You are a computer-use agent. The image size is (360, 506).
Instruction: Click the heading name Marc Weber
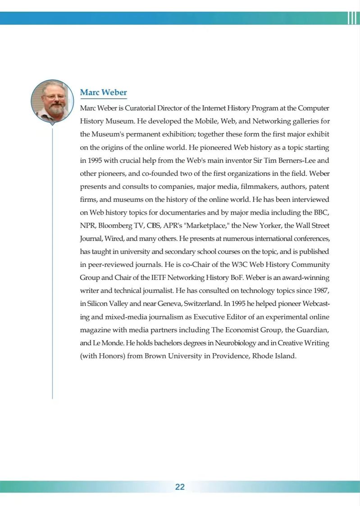103,93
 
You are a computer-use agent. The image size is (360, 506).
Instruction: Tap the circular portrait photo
52,101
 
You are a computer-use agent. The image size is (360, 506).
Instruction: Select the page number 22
180,487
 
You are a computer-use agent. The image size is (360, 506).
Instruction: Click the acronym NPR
87,225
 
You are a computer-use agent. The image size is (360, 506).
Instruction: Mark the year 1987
319,290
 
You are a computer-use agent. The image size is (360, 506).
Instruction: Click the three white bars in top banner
352,18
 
